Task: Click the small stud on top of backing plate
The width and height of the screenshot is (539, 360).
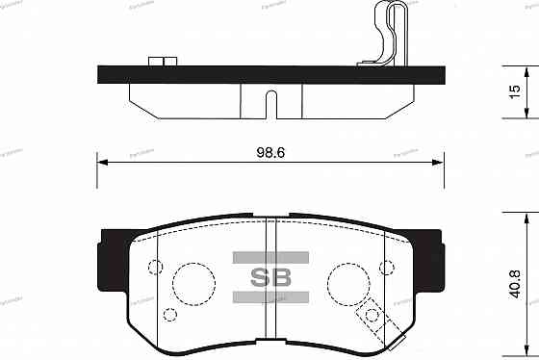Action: (165, 63)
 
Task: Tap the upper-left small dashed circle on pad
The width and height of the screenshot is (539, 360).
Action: (155, 268)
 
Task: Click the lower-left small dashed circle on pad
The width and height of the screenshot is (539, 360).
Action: (170, 314)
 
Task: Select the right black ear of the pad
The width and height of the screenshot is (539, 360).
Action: (432, 256)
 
